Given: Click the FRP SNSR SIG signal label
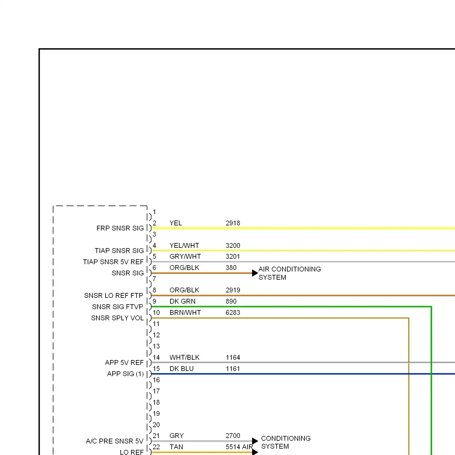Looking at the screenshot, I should [x=120, y=228].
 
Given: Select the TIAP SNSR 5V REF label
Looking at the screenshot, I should [x=113, y=262].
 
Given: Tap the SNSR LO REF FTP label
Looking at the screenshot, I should [x=113, y=295].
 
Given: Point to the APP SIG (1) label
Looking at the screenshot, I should [x=125, y=374].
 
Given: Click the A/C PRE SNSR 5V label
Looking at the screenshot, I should [x=114, y=441].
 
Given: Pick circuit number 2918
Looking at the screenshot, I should [x=233, y=223].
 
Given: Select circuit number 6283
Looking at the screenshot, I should [x=233, y=313].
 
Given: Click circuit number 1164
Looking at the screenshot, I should [x=233, y=358].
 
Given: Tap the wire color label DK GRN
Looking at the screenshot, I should [x=182, y=302].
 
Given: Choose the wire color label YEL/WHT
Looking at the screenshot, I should [x=184, y=246].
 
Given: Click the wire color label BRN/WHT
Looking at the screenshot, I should [x=185, y=313].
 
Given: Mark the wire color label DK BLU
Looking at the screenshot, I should [x=181, y=369].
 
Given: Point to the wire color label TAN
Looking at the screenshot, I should [x=176, y=447].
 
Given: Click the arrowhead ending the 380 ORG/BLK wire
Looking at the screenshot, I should [x=255, y=273].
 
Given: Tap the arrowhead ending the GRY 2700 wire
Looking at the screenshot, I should [x=255, y=441].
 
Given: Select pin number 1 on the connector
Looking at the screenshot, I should [x=154, y=212].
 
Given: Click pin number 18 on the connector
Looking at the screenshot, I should [x=156, y=403].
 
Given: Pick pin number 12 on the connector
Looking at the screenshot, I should [x=156, y=335].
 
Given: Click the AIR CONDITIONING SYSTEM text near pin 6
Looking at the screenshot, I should [x=289, y=273].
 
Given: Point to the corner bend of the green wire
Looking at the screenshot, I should [x=431, y=307].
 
